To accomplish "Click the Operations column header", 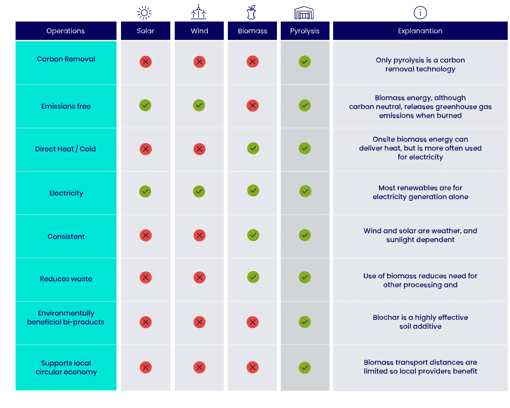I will tap(66, 31).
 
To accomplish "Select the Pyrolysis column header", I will tap(305, 31).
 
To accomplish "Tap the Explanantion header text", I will tap(420, 31).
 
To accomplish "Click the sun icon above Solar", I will tap(145, 12).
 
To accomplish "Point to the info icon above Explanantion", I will tap(420, 12).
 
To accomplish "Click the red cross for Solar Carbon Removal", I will tap(146, 62).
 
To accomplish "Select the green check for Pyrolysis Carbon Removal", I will tap(305, 62).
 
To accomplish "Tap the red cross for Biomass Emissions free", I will tap(252, 106).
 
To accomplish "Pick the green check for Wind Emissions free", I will tap(199, 105).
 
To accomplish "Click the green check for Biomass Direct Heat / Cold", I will tap(253, 148).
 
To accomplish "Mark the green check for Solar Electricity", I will tap(145, 192).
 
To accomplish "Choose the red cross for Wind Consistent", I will tap(199, 235).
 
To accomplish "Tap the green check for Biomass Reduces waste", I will tap(253, 277).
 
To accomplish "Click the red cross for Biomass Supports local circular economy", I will tap(252, 367).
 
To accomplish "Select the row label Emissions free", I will tap(66, 106).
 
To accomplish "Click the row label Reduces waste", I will tap(66, 279).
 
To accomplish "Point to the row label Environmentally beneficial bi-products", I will tap(66, 317).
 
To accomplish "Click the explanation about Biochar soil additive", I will tap(420, 322).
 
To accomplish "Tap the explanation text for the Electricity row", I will tap(420, 192).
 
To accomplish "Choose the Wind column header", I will tap(199, 31).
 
